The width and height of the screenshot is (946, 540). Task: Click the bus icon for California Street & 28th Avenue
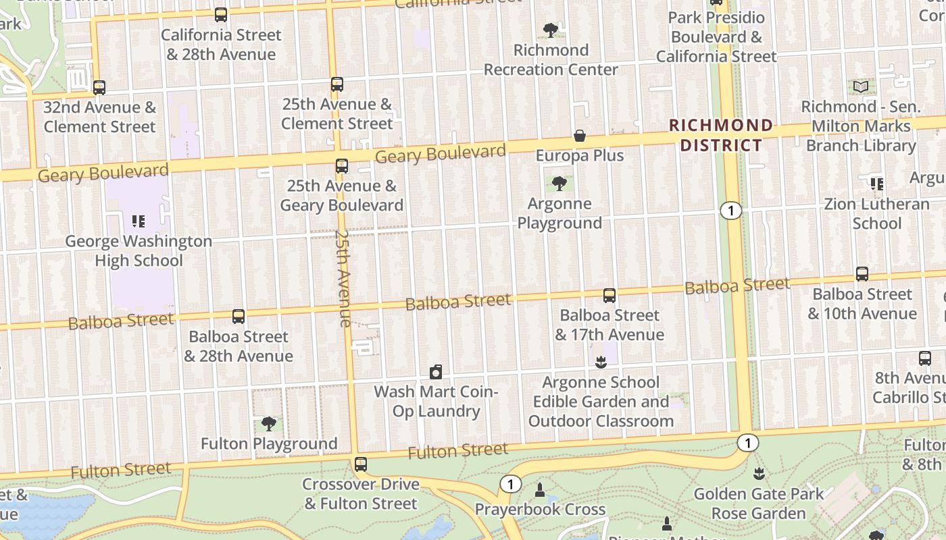(x=221, y=14)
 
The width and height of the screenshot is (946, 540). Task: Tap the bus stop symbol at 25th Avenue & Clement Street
(x=337, y=84)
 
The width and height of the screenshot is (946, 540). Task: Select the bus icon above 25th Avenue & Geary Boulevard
(x=342, y=165)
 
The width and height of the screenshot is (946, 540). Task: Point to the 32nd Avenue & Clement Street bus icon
(x=99, y=87)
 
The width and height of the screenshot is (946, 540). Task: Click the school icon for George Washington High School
(x=139, y=221)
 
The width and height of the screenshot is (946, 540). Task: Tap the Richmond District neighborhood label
(x=721, y=135)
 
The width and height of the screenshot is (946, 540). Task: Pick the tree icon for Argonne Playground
(x=559, y=183)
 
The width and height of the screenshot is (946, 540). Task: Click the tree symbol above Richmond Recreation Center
(x=551, y=30)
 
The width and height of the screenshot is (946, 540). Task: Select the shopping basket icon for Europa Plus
(x=580, y=136)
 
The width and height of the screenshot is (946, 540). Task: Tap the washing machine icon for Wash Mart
(x=436, y=371)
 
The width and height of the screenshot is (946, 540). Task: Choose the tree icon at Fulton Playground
(x=269, y=423)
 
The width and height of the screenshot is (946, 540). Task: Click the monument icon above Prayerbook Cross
(x=539, y=489)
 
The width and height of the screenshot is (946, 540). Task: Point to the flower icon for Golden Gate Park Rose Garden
(x=759, y=473)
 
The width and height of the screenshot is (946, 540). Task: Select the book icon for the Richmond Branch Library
(x=860, y=86)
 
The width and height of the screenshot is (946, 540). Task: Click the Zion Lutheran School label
(x=876, y=213)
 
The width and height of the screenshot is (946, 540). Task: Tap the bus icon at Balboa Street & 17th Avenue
(x=609, y=295)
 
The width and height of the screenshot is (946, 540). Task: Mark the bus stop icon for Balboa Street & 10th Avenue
(x=862, y=273)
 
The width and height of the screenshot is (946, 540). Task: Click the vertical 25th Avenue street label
(x=344, y=278)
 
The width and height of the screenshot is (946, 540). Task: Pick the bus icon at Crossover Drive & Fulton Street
(x=361, y=464)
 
